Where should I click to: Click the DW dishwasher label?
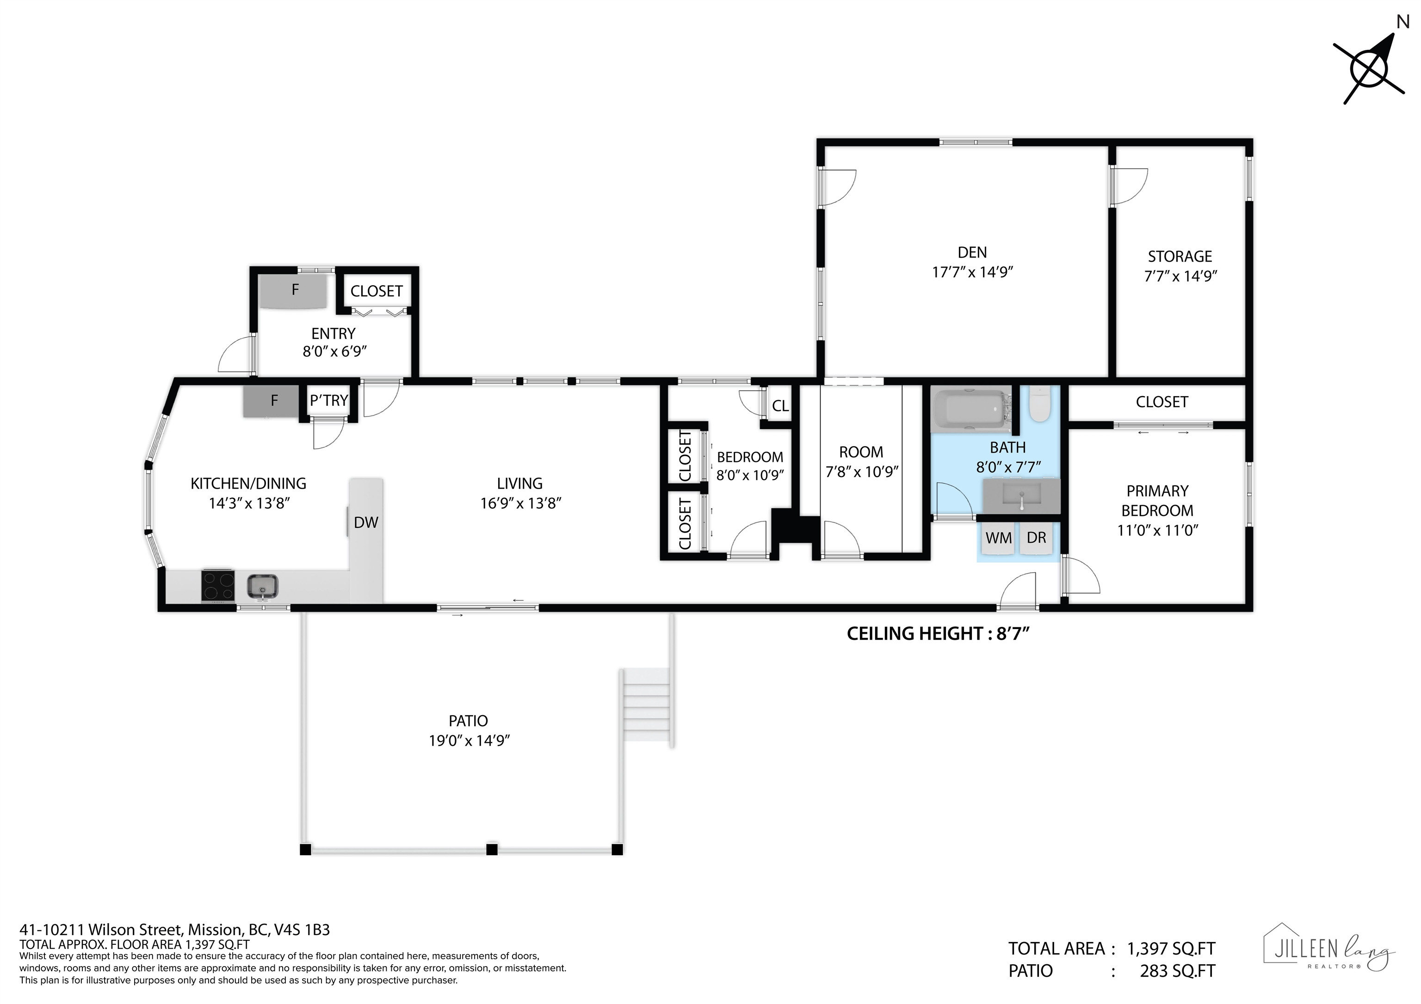366,523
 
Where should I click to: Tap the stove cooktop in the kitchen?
218,585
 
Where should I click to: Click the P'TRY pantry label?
328,401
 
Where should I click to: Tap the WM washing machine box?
998,538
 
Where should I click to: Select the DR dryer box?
1036,538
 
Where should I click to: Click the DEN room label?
972,252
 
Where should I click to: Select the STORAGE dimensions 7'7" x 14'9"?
1180,276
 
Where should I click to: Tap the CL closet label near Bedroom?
780,406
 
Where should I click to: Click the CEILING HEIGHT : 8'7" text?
938,633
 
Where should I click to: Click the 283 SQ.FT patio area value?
1177,971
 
